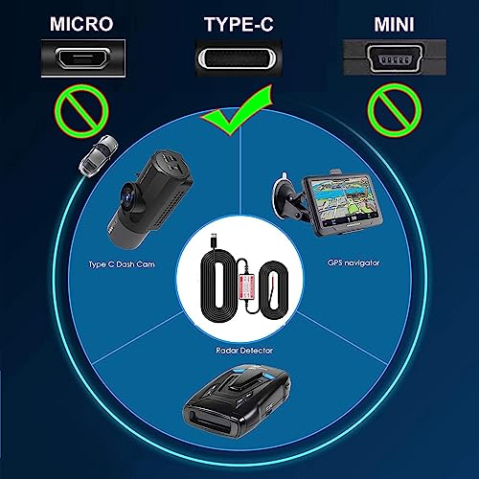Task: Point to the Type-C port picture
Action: [240, 63]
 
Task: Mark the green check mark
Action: [239, 121]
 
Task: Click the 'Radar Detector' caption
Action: [239, 352]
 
